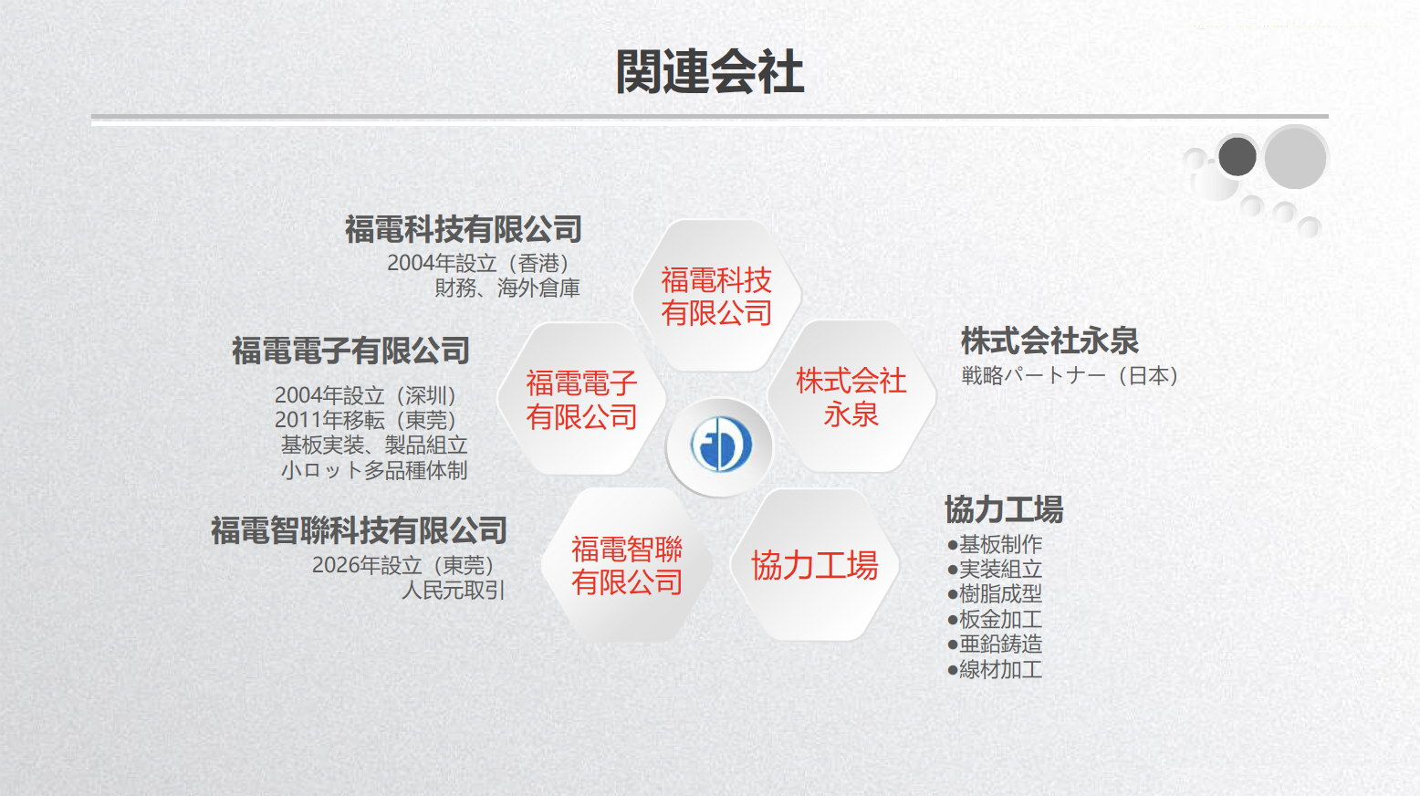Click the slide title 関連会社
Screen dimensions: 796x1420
(x=709, y=72)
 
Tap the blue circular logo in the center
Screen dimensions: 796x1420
(x=720, y=445)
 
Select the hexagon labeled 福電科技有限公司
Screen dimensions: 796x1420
(x=717, y=296)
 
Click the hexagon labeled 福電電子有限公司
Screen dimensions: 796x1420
(x=581, y=400)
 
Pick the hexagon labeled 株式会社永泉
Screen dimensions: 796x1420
(x=851, y=397)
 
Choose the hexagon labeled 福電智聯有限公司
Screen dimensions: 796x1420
(x=627, y=565)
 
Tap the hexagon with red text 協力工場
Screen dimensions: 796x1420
(x=814, y=565)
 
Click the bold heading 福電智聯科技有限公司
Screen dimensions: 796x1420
(x=359, y=530)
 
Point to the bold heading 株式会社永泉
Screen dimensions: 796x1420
(x=1049, y=340)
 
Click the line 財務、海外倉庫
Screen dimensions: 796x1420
(x=507, y=288)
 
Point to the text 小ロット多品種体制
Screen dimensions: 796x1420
(x=374, y=470)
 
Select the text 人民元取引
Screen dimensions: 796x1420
(x=454, y=591)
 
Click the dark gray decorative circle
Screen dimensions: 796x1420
(x=1237, y=156)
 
